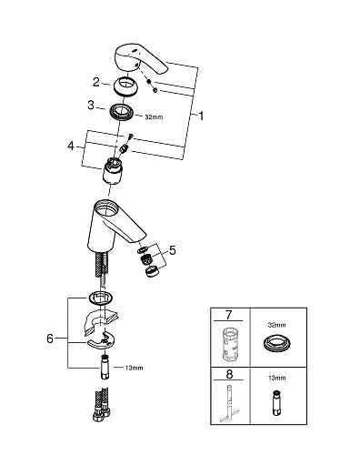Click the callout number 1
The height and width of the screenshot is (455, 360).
(x=201, y=116)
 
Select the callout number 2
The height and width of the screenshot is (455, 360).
(x=96, y=82)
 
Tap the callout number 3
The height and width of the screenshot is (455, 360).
(x=91, y=106)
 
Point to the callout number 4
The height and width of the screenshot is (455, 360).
(x=71, y=147)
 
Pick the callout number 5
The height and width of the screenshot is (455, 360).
(x=173, y=250)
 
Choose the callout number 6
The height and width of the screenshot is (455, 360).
(x=50, y=339)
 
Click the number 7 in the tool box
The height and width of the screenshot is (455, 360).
(x=228, y=315)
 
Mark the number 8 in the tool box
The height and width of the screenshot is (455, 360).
(x=229, y=374)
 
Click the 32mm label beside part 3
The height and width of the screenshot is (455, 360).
(x=154, y=117)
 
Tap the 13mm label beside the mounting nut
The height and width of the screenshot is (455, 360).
(x=134, y=368)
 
